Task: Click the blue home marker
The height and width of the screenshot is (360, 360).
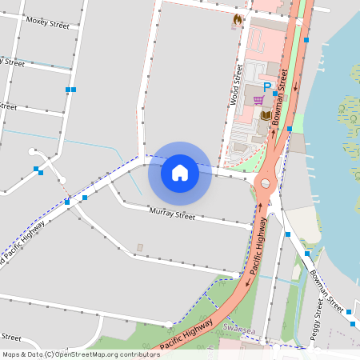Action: (180, 172)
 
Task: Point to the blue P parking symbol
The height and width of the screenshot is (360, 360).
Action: (268, 85)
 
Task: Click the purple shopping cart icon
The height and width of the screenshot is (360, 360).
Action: (258, 100)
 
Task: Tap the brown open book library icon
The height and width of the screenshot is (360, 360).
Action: (266, 116)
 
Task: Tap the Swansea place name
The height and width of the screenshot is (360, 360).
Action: (240, 328)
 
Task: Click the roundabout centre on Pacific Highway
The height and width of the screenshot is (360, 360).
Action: (262, 184)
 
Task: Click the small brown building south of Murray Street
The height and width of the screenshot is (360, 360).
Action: (140, 246)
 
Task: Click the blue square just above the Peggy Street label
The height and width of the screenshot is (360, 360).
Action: (306, 253)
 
